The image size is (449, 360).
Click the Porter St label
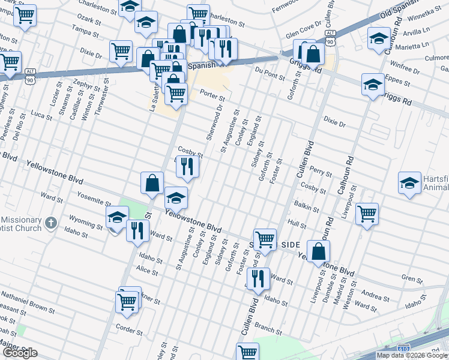tap(212, 95)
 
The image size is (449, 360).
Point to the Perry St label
tap(321, 172)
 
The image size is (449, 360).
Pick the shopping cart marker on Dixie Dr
tap(121, 52)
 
